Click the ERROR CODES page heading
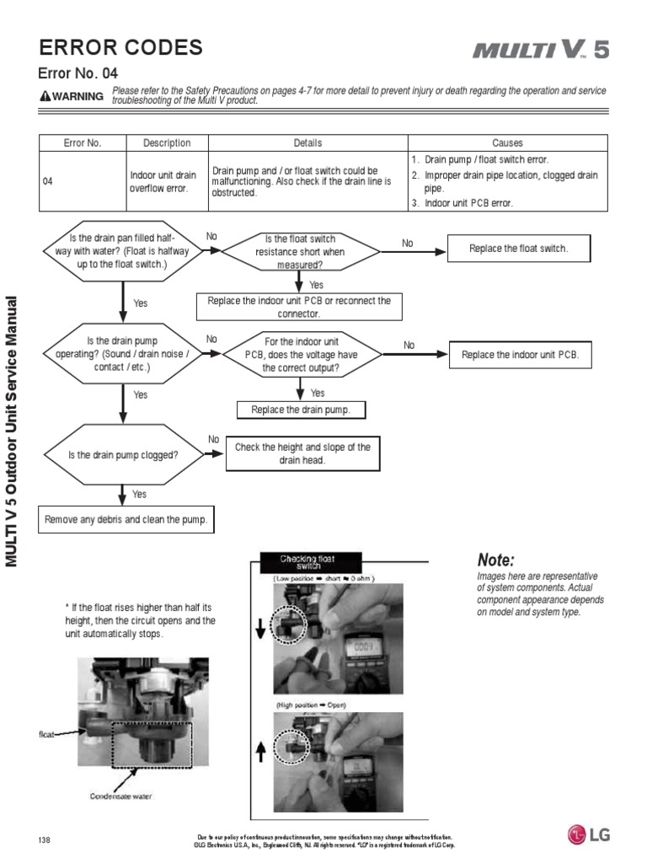click(x=121, y=48)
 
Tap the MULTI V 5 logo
click(x=539, y=51)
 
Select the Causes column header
click(x=507, y=143)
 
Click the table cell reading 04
click(x=48, y=180)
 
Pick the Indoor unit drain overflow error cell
click(x=163, y=181)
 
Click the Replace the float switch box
click(x=518, y=249)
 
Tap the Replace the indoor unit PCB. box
click(x=520, y=355)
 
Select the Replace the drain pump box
click(x=301, y=410)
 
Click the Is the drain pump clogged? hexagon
click(x=123, y=455)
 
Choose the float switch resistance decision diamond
click(x=300, y=251)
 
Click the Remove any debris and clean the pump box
click(x=126, y=520)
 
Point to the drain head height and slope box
click(x=302, y=454)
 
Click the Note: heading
click(x=495, y=560)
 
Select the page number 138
click(x=45, y=840)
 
